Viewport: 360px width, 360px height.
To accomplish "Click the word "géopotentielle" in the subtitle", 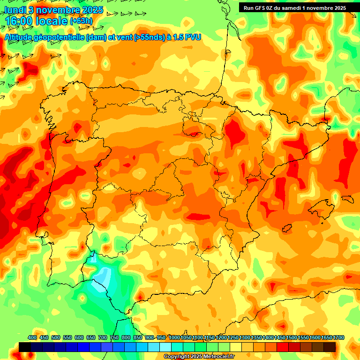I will coord(59,37).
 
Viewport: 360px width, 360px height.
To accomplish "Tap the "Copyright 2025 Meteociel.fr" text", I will coord(199,357).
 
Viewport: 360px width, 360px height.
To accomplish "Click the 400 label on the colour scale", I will coord(32,337).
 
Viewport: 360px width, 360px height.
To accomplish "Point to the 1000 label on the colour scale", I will coord(174,337).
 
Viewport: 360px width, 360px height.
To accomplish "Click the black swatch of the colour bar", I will coord(25,347).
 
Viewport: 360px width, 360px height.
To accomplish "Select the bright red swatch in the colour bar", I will coord(283,347).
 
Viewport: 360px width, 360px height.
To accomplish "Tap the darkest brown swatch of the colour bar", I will coord(330,347).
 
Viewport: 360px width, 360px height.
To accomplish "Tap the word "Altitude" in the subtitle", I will coord(20,37).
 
